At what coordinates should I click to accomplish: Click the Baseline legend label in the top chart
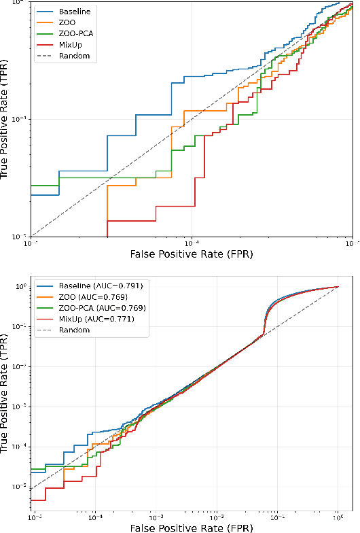73,12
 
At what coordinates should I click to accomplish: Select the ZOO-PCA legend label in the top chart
75,33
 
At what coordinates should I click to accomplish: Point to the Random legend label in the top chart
74,56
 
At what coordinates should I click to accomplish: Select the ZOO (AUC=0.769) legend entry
94,297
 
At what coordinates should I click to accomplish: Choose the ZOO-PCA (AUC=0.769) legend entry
101,308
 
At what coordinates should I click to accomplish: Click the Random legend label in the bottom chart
74,330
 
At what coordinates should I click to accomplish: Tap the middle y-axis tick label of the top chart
20,119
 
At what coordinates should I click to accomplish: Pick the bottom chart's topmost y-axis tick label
20,287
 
